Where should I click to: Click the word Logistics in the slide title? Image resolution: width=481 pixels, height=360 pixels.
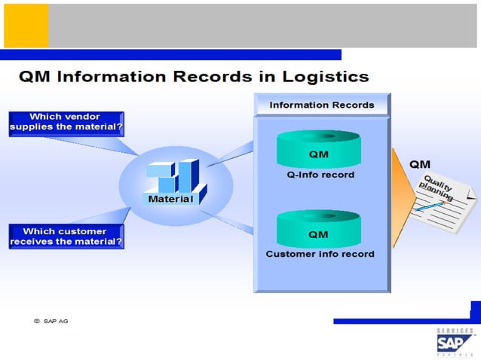coord(326,77)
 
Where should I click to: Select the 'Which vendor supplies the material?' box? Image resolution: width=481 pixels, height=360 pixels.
coord(66,122)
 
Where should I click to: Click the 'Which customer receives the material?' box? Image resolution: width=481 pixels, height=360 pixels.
coord(66,236)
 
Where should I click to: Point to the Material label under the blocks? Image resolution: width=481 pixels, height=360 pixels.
coord(170,200)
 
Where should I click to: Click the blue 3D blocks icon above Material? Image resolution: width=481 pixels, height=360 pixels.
coord(173,176)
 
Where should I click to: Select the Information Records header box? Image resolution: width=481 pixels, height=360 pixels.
coord(321,105)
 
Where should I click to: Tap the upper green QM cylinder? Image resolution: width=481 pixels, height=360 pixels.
coord(318,150)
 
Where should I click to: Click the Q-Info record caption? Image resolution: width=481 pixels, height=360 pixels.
coord(319,175)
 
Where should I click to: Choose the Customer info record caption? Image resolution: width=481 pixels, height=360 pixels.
coord(320,254)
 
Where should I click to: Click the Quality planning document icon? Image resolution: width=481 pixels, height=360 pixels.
coord(443,200)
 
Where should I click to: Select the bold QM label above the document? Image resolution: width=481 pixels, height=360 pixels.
coord(420,164)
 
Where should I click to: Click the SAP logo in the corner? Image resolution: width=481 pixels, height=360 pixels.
coord(455,343)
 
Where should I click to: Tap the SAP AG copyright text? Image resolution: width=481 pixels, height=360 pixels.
coord(51,321)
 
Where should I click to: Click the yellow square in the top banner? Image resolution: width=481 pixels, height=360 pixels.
coord(26,26)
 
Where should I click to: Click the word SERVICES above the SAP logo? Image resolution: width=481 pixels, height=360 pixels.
coord(455,331)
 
